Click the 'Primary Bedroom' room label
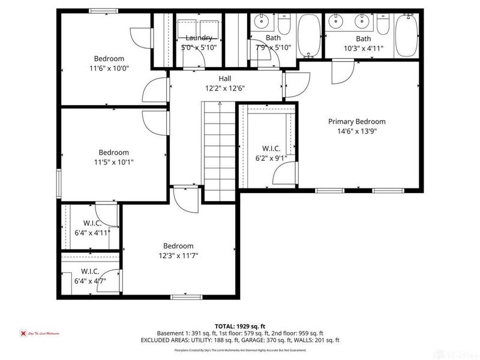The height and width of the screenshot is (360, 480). point(356,121)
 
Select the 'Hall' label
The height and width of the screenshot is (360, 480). point(224,78)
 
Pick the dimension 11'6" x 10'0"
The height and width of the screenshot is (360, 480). point(109,69)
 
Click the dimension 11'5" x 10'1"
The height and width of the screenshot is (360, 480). point(113,163)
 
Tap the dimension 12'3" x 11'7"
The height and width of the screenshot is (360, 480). point(178,256)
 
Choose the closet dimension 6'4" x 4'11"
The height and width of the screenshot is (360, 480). point(92,233)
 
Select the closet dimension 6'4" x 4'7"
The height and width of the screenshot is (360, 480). point(90,280)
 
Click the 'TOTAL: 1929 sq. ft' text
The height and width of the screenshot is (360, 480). point(240,325)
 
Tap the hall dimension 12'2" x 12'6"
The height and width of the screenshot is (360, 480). point(224,88)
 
